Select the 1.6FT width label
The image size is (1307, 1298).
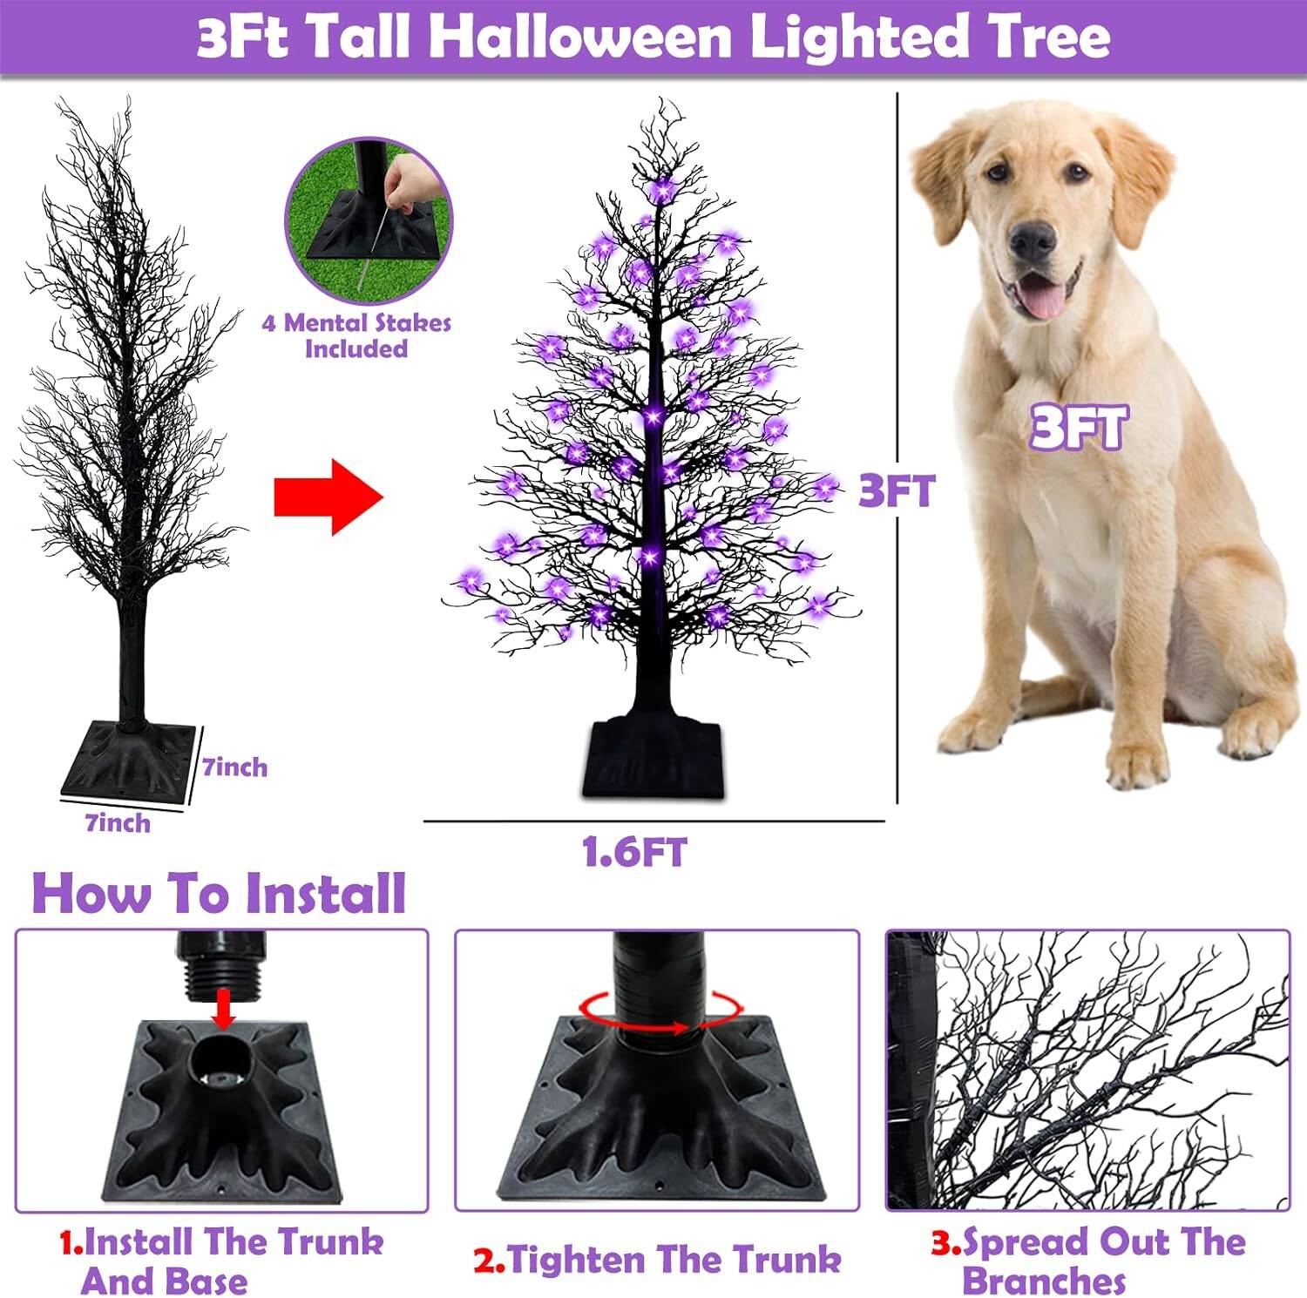tap(634, 852)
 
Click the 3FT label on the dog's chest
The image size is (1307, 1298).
tap(1079, 428)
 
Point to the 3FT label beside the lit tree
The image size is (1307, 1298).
tap(896, 491)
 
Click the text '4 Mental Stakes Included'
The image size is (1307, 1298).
tap(356, 335)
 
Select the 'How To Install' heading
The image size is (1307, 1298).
tap(219, 893)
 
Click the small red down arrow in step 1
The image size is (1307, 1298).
tap(224, 1011)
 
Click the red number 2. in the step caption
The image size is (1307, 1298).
tap(489, 1261)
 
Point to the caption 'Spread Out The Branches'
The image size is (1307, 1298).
tap(1089, 1261)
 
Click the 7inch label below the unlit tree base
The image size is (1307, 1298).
tap(118, 823)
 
